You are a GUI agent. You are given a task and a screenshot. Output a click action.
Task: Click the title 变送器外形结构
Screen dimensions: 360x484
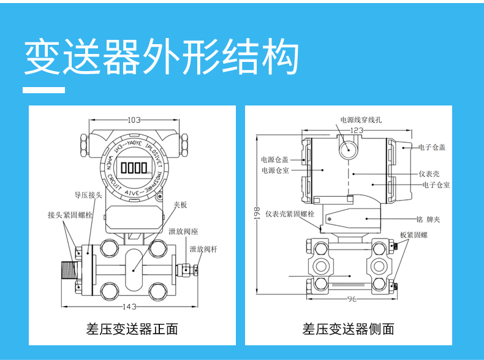click(161, 57)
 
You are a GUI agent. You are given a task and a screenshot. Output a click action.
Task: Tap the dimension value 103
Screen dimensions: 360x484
click(134, 120)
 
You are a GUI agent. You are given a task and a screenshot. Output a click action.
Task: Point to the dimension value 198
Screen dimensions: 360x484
click(257, 212)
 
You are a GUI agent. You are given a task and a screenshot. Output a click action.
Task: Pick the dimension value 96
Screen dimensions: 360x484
click(351, 299)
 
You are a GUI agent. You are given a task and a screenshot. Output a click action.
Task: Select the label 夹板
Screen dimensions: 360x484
click(180, 205)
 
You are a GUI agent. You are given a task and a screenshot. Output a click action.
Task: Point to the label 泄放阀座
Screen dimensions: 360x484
click(183, 232)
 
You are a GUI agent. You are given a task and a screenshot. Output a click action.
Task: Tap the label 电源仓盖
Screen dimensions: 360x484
click(274, 159)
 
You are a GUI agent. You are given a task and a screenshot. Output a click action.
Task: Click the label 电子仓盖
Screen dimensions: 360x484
click(432, 147)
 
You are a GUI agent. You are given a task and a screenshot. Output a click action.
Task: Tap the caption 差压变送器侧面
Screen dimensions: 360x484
click(348, 329)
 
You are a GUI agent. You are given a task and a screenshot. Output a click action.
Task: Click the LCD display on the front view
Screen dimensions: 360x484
click(134, 167)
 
